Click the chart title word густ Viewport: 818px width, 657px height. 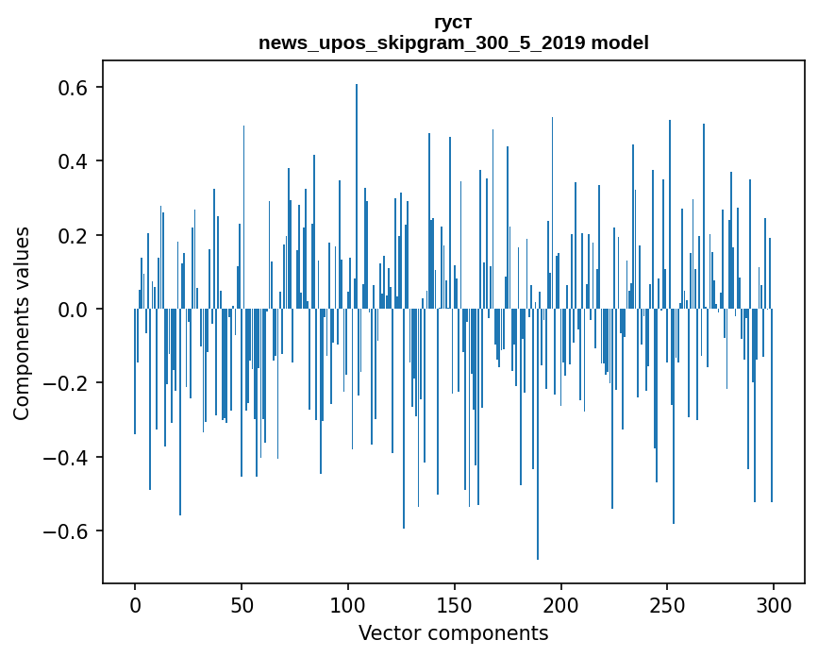[453, 22]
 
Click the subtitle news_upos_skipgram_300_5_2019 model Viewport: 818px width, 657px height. [453, 42]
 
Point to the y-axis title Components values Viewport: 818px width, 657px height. [22, 323]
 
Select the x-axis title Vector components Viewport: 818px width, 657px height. [453, 632]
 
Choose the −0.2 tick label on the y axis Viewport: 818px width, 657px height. [65, 383]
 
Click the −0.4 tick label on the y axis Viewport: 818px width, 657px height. [65, 457]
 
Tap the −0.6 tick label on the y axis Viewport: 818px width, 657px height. [65, 531]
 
